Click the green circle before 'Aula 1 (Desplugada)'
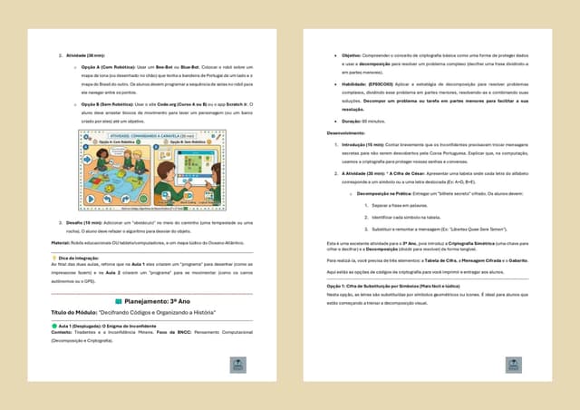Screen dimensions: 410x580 pos(53,324)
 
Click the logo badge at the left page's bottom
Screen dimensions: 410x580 pos(237,365)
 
